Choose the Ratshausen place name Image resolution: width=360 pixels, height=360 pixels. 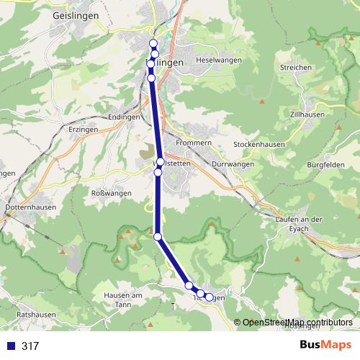[x=37, y=315]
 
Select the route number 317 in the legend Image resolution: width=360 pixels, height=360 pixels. [x=30, y=346]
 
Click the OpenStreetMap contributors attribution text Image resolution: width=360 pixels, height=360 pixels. [x=297, y=323]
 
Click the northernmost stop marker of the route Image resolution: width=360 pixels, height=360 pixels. [x=153, y=44]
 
